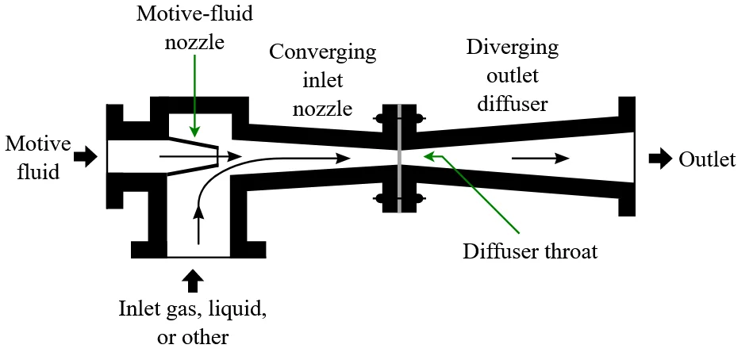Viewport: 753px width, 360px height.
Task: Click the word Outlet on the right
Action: tap(707, 159)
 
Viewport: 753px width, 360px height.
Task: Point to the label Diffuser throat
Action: tap(529, 252)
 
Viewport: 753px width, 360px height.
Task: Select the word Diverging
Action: tap(512, 46)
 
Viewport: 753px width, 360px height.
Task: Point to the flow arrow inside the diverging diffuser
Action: tap(540, 159)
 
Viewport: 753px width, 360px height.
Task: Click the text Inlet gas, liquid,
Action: tap(193, 308)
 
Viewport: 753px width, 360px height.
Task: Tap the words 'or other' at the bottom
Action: tap(193, 336)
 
